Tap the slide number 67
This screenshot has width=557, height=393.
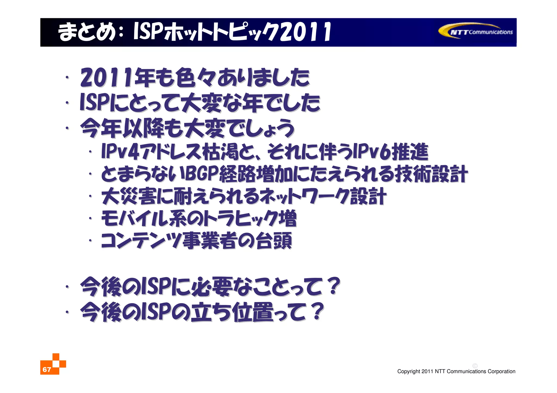[x=47, y=369]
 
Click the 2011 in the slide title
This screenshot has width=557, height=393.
[x=305, y=32]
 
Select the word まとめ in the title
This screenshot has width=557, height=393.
[x=86, y=32]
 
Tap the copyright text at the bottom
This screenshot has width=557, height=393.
[x=456, y=371]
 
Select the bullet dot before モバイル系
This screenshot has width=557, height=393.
[x=90, y=218]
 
